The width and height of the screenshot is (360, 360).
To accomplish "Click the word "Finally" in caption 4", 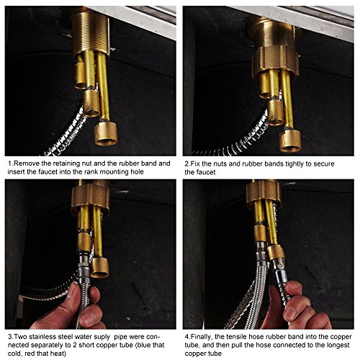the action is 201,337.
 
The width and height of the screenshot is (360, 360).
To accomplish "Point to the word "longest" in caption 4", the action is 338,345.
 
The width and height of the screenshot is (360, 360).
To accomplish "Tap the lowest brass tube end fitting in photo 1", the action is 106,133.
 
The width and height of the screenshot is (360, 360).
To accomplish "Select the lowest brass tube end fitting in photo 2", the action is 290,141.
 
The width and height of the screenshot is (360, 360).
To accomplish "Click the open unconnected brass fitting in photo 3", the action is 100,267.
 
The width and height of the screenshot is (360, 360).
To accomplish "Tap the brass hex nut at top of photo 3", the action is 90,197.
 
